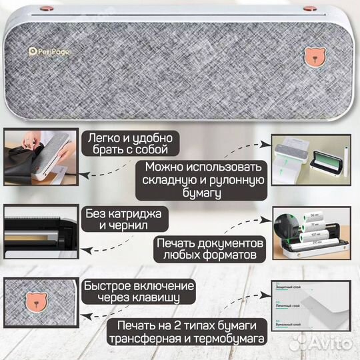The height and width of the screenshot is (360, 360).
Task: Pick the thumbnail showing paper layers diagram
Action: click(316, 311)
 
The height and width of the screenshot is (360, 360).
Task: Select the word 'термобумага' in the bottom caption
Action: click(230, 339)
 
